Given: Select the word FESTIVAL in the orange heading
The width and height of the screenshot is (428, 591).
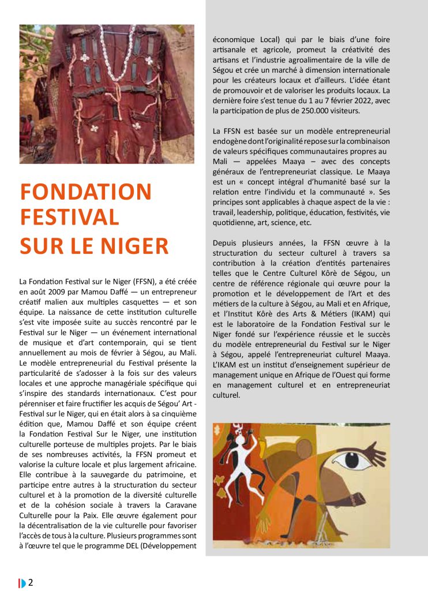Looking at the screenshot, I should (70, 219).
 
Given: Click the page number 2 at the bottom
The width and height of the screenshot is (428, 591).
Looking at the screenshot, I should (31, 582).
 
